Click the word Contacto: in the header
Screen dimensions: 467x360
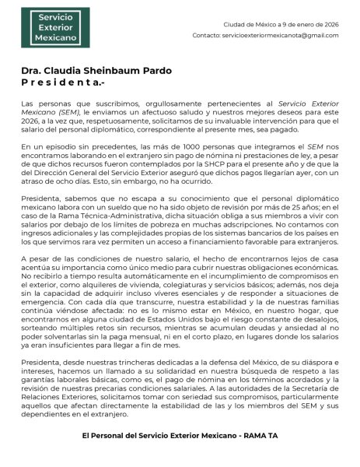coord(206,36)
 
